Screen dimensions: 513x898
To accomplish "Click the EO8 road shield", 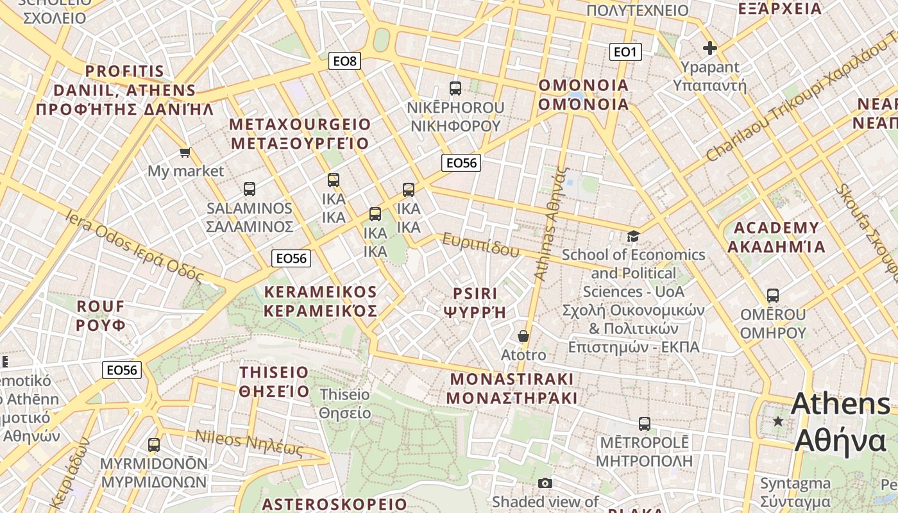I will click(x=344, y=61).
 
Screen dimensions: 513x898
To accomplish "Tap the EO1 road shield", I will click(x=625, y=52).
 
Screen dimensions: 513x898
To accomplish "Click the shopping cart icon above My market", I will click(x=185, y=152).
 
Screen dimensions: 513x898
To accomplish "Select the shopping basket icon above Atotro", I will click(x=523, y=336).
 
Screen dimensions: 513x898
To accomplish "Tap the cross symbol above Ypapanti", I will click(x=709, y=47).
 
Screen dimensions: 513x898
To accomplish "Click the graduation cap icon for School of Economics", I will click(x=633, y=236).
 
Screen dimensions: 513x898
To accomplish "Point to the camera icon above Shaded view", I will click(x=545, y=483).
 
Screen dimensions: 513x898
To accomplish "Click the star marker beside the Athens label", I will click(x=778, y=421).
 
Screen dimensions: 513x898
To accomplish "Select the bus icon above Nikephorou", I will click(x=455, y=88).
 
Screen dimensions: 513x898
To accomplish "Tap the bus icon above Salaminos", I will click(x=250, y=189).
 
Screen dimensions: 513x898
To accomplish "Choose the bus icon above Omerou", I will click(x=773, y=296).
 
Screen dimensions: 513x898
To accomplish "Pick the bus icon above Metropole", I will click(x=645, y=424).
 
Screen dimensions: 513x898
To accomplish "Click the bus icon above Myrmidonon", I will click(x=154, y=444).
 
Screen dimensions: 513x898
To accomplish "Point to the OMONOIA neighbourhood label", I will click(x=583, y=94).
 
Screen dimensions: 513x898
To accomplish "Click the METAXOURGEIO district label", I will click(x=300, y=133).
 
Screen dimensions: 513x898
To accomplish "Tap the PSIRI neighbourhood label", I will click(x=475, y=303).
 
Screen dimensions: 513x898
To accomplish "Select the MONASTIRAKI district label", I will click(x=512, y=388).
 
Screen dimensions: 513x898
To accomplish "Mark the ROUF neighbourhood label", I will click(x=101, y=315).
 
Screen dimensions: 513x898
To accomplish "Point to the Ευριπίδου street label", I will click(x=480, y=246).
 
